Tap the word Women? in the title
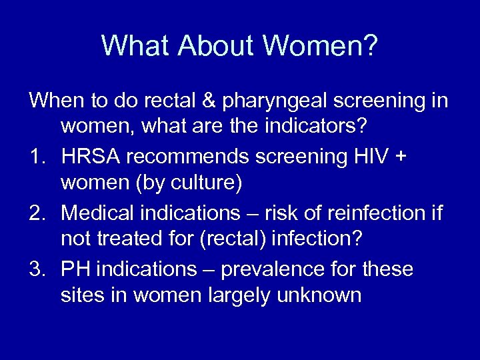[321, 46]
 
